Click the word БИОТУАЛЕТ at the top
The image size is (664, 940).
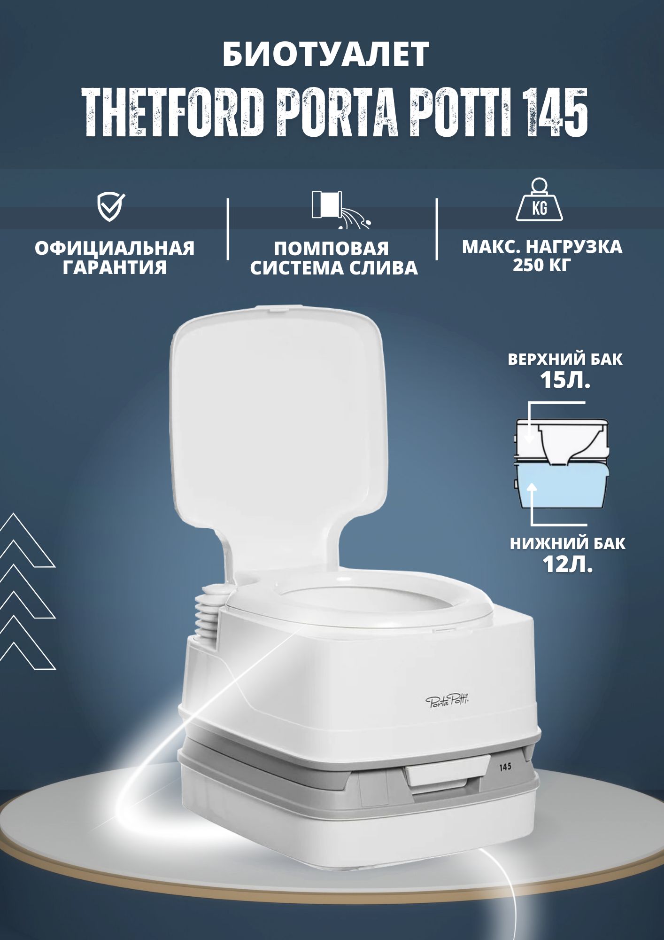click(325, 55)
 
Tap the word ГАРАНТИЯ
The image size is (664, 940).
click(115, 268)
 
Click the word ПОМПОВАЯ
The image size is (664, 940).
click(332, 249)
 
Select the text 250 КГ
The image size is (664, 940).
click(542, 266)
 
